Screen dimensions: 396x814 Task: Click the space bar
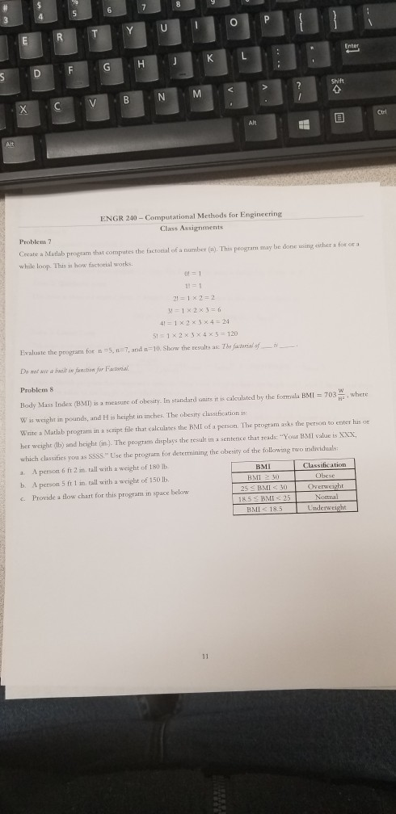point(121,149)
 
